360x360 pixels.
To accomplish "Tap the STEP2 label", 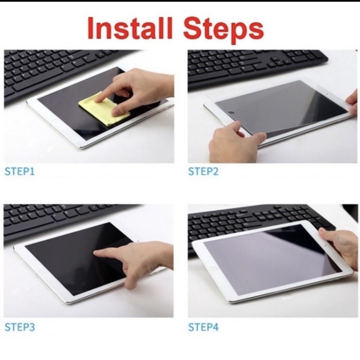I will [x=204, y=172].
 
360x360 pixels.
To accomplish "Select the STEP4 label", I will [x=204, y=327].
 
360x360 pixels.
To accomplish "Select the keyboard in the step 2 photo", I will [x=256, y=64].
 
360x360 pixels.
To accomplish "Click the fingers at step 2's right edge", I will [x=353, y=102].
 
